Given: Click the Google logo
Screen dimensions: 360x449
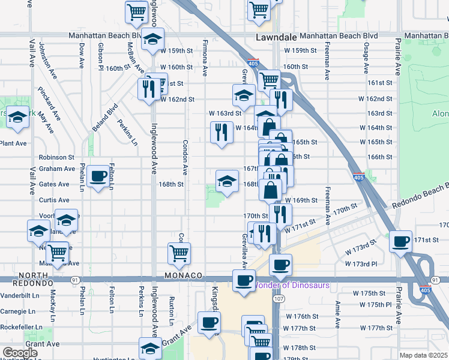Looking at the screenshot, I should pos(20,353).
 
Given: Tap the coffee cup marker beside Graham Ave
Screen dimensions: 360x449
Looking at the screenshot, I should pos(98,176).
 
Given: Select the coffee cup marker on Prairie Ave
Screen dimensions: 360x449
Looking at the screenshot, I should pos(400,242).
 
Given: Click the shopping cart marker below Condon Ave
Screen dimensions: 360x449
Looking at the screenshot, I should pos(179,253).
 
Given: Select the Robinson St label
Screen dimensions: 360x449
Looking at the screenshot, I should pos(56,157).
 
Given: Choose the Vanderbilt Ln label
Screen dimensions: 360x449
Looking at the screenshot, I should pos(19,295).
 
